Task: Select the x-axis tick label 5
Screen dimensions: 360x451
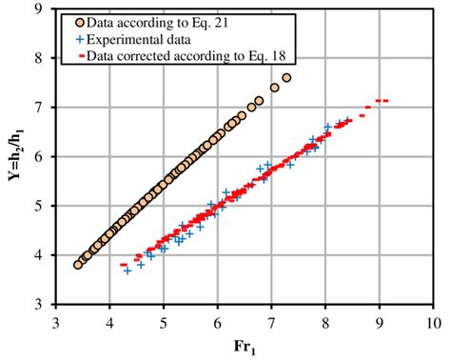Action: tap(164, 322)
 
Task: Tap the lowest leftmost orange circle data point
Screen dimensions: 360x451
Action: tap(78, 264)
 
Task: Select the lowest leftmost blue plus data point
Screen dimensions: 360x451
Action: tap(127, 270)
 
